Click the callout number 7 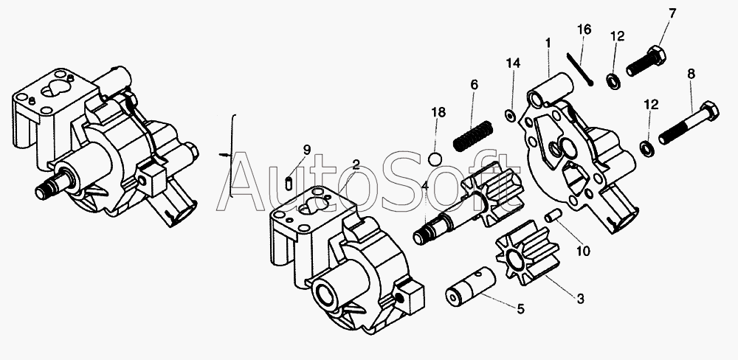(672, 13)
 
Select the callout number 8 (691, 73)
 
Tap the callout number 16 (584, 30)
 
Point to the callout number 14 (513, 63)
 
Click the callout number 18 (438, 112)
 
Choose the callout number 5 (520, 309)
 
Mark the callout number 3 (580, 299)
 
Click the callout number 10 (583, 250)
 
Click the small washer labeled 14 (509, 114)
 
